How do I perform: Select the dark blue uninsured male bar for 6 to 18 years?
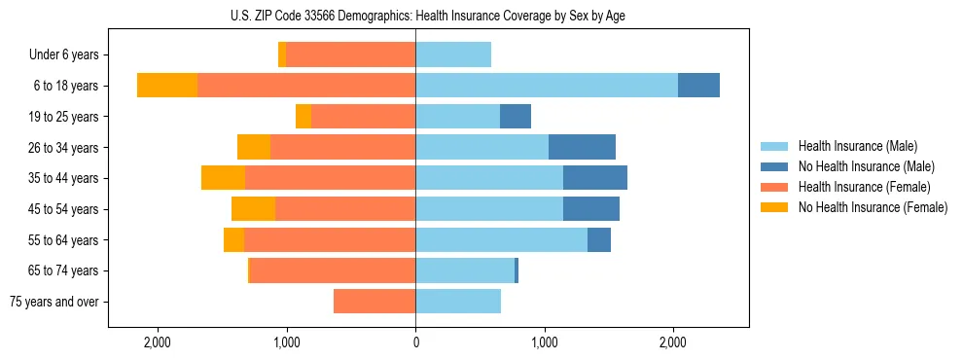[x=698, y=86]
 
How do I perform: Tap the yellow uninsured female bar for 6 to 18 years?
[x=167, y=86]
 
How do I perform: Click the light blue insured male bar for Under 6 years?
[x=453, y=54]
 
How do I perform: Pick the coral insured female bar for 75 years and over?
[x=374, y=302]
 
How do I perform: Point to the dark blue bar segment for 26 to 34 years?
[x=582, y=147]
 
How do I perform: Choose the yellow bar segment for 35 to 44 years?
[x=223, y=178]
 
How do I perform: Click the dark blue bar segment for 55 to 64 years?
[x=599, y=239]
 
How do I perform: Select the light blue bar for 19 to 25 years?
[x=457, y=117]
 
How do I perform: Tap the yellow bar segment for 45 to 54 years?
[x=253, y=209]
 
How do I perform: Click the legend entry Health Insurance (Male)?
[x=857, y=146]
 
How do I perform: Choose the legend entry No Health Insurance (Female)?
[x=873, y=207]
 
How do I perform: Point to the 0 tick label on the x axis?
[x=415, y=343]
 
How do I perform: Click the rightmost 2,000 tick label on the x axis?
[x=673, y=343]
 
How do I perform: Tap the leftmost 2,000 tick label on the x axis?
[x=158, y=343]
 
